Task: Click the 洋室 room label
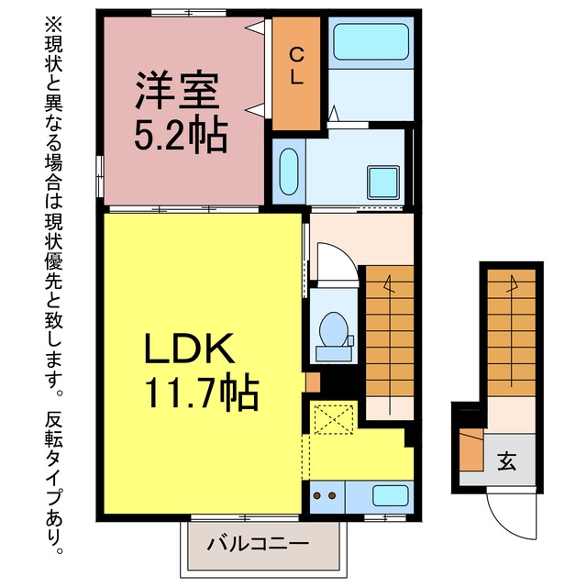point(177,90)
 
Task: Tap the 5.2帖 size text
point(181,137)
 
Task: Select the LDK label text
point(189,349)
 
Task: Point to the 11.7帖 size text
point(202,393)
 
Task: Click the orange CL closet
point(296,73)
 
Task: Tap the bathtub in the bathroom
point(371,42)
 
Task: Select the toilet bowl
point(334,329)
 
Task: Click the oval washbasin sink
point(289,172)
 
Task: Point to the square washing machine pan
point(383,183)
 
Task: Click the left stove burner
point(317,495)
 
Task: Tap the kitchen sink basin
point(390,495)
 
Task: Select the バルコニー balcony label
point(259,543)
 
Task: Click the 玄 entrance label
point(507,460)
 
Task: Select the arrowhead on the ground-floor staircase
point(512,283)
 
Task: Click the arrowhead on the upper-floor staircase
point(389,283)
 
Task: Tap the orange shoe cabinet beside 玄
point(471,449)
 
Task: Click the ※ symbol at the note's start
point(54,24)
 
